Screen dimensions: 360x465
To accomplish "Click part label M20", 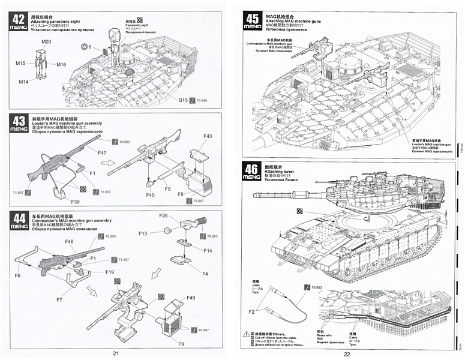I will pos(46,41).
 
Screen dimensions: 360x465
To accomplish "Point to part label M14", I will pos(23,81).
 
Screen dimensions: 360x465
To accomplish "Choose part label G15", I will pos(184,99).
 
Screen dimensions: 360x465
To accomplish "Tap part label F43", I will pos(208,136).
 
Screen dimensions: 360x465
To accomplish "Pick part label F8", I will pos(179,193).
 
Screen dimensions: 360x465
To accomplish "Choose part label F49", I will pos(191,298).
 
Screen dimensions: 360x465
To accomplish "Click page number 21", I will pos(116,353).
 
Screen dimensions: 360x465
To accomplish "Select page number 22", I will pos(346,353).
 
